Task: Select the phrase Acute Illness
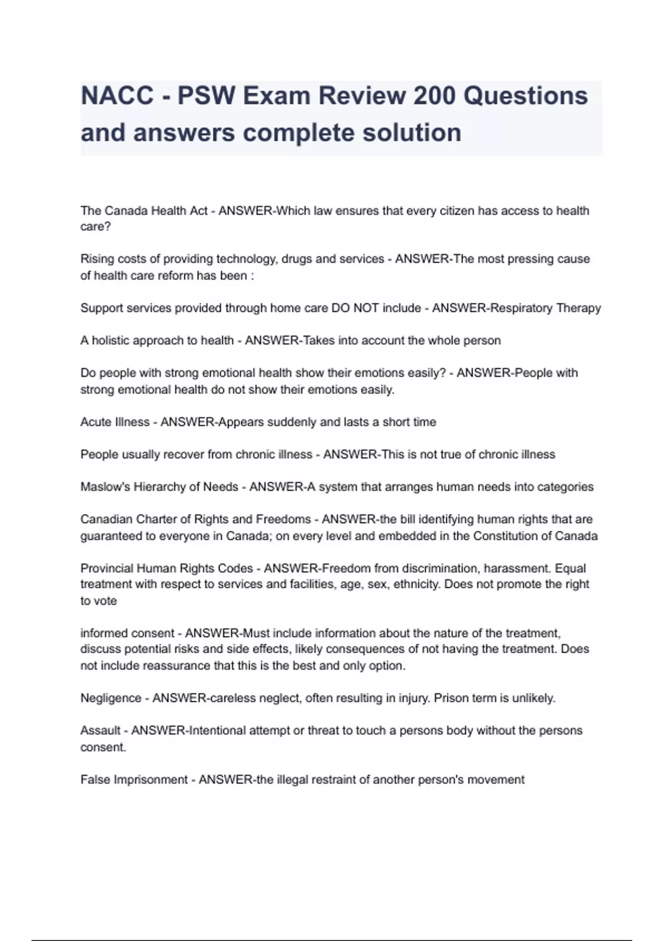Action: [115, 422]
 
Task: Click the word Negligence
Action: [111, 699]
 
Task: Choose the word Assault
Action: [100, 731]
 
